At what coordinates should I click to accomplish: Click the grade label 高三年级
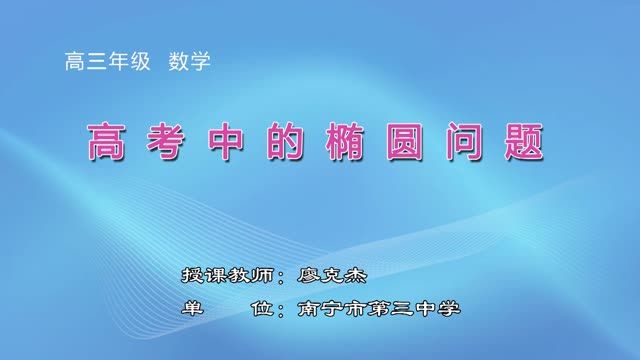click(108, 61)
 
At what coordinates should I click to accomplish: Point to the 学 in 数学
click(201, 61)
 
